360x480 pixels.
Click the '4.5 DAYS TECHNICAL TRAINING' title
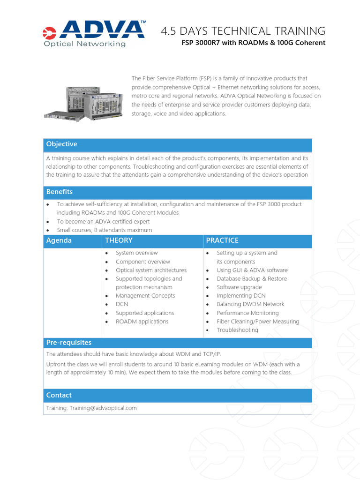tap(243, 31)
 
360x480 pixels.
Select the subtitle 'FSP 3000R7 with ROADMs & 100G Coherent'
tap(254, 43)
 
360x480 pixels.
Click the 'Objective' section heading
tap(62, 144)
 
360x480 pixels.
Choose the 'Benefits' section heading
tap(60, 192)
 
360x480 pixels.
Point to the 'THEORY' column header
tap(119, 240)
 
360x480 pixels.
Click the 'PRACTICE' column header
tap(222, 240)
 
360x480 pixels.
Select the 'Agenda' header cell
tap(59, 240)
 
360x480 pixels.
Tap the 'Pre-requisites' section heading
tap(69, 343)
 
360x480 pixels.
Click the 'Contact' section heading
tap(59, 395)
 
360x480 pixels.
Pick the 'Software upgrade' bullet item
tap(239, 287)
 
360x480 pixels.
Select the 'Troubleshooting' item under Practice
tap(237, 330)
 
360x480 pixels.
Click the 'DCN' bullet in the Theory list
tap(122, 304)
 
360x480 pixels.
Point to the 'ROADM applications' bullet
tap(142, 322)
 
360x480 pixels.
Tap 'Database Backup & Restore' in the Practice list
tap(252, 279)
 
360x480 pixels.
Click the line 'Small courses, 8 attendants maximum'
tap(105, 230)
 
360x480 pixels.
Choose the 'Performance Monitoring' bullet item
tap(247, 313)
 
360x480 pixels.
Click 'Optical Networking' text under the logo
tap(85, 44)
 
